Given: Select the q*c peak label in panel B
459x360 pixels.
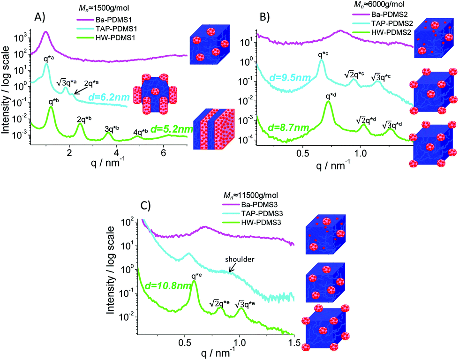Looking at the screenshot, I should point(323,55).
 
